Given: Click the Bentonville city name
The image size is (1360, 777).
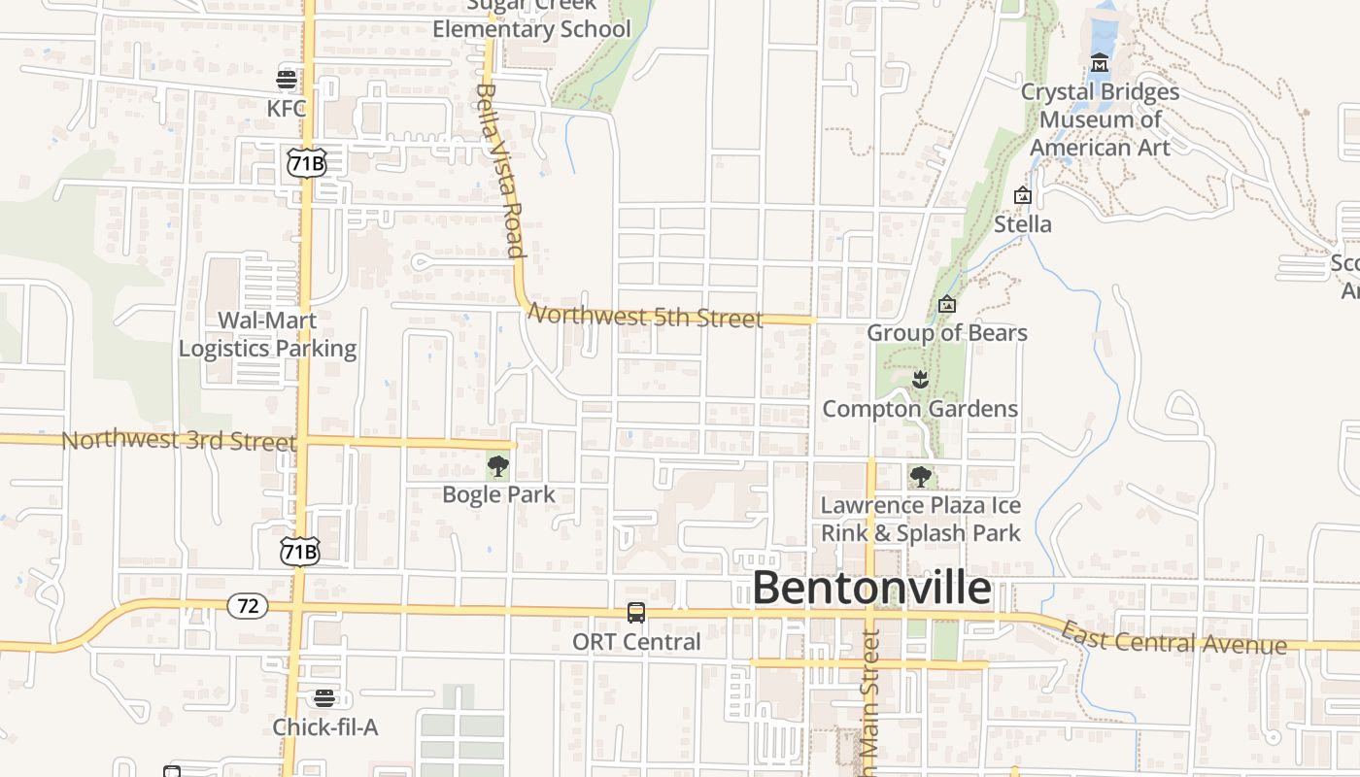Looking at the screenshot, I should point(871,589).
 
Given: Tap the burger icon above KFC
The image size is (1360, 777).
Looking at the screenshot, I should point(287,80).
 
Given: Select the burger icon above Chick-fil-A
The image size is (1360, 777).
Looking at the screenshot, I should point(323,697).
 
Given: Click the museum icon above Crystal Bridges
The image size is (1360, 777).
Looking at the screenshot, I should point(1100,63).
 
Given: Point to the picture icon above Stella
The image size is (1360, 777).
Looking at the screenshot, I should point(1022,195).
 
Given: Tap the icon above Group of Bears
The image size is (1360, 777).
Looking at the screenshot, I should point(947,304).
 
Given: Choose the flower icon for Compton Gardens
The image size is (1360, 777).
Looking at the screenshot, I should point(920,380).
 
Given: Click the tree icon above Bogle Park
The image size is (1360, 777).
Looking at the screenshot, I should point(498,466).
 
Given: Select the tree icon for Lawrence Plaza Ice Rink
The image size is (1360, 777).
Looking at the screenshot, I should point(920,477).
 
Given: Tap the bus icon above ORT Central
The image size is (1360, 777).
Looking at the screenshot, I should point(636,613).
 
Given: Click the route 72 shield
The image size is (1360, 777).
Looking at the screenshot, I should point(248,606).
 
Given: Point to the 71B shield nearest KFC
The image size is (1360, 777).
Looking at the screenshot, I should point(306,162).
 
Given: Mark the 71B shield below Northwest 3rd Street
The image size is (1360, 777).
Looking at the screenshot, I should point(299,552).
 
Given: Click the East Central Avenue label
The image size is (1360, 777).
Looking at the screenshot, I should point(1173,638).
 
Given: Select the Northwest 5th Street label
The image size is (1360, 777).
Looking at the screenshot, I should point(645,317).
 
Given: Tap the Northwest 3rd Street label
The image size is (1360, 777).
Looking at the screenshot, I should point(179,441).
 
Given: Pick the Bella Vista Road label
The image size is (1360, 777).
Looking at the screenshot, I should point(500,170).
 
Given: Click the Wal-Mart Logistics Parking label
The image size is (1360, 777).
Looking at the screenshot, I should point(267,334).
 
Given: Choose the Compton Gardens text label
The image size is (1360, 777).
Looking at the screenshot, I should point(920,409).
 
